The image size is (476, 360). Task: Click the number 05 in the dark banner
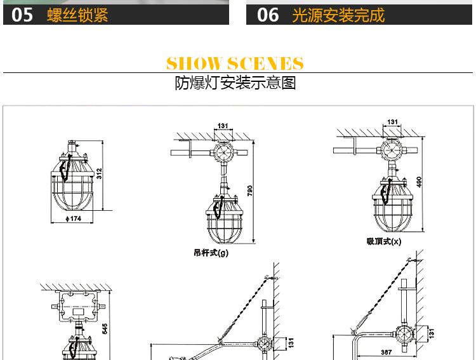point(22,15)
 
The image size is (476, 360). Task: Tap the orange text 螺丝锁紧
point(77,15)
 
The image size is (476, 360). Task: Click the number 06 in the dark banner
point(267,15)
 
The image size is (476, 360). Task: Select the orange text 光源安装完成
point(338,15)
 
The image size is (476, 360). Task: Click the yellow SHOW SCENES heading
point(235,63)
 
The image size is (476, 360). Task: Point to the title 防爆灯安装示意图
point(235,83)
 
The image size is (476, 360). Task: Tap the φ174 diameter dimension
point(74,219)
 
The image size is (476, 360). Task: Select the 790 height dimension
point(250,190)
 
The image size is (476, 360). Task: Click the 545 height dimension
point(105,327)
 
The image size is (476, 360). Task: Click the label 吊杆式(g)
point(211,252)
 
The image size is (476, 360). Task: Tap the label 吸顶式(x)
point(383,241)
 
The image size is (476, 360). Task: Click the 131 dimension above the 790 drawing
point(223,126)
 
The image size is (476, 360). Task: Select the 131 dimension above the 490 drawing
point(392,121)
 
